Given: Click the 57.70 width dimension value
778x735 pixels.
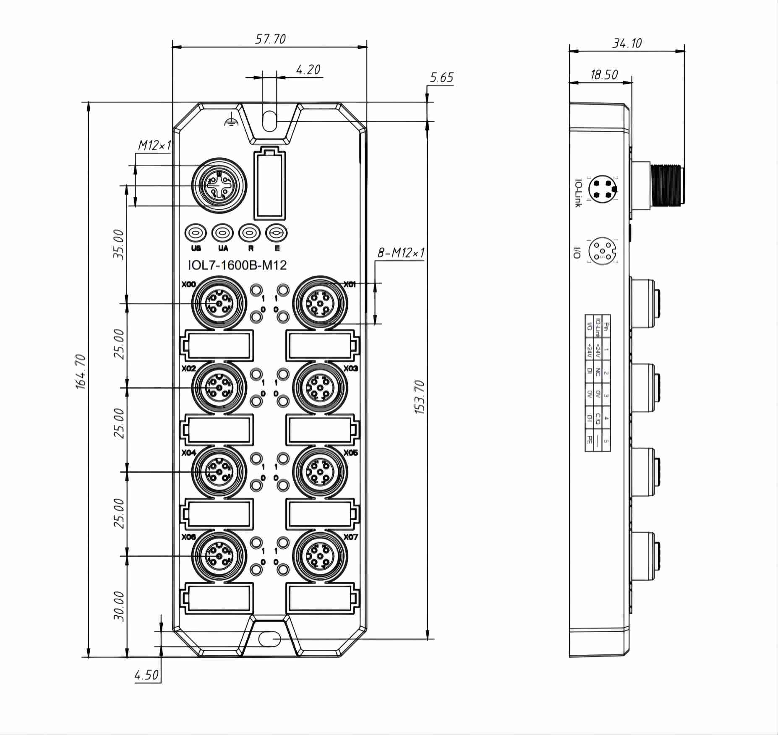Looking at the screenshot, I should tap(270, 39).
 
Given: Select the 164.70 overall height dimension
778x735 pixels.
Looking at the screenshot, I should tap(81, 371).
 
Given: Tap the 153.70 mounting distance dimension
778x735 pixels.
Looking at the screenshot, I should tap(420, 397).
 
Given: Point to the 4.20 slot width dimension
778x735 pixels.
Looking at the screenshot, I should tap(308, 70).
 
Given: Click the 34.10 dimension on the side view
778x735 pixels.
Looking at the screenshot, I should tap(627, 43).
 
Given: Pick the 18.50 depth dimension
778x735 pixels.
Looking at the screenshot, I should tap(604, 75).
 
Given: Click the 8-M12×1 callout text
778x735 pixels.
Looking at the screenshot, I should tap(401, 253).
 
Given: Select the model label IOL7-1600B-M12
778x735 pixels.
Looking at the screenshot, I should tap(237, 265).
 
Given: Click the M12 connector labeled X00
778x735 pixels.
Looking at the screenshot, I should tap(219, 303).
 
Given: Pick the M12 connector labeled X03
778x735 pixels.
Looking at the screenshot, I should tap(320, 388).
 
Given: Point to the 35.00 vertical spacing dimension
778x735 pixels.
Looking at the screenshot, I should tap(119, 244).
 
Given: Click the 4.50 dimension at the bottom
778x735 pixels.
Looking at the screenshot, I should tap(146, 675).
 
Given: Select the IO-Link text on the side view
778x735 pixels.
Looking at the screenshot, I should tap(578, 193).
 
